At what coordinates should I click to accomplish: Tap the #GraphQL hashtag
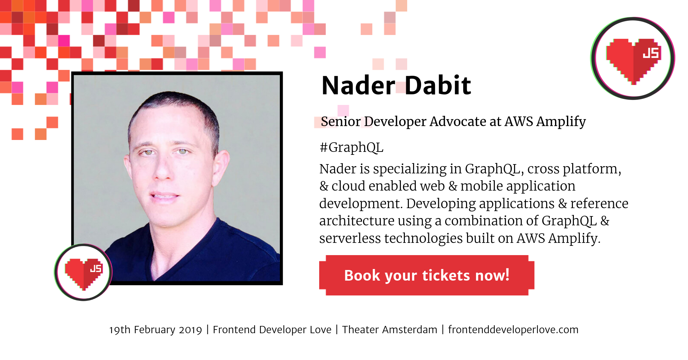pyautogui.click(x=352, y=148)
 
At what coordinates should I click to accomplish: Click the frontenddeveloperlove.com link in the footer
pyautogui.click(x=513, y=330)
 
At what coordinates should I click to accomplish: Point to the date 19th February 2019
pyautogui.click(x=155, y=330)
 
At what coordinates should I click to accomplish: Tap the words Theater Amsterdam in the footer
pyautogui.click(x=390, y=330)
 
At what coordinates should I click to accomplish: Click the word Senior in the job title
pyautogui.click(x=341, y=121)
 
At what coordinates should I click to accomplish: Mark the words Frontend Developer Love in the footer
pyautogui.click(x=272, y=330)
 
